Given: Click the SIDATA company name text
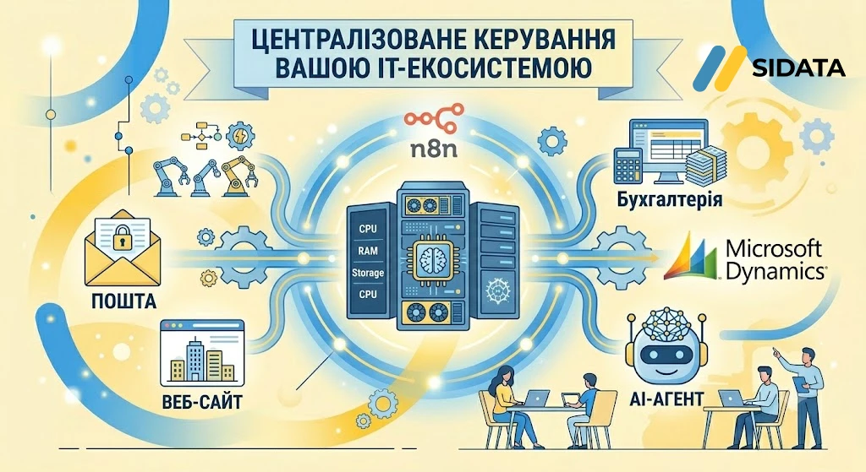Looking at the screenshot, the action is tap(798, 68).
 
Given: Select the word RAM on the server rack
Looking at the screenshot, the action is tap(368, 250).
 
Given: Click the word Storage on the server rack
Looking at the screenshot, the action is tap(368, 273).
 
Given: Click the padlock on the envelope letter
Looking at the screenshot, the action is tap(121, 240).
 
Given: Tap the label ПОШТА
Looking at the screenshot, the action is tap(123, 301).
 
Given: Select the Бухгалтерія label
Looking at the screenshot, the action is tap(670, 198).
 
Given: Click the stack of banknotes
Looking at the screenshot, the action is tap(704, 165).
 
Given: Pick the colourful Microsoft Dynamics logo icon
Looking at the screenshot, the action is tap(693, 257).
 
